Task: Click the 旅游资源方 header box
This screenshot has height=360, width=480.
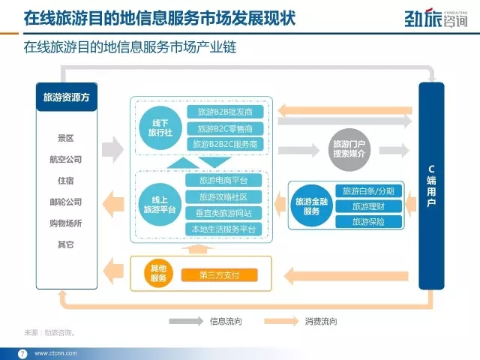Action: (67, 97)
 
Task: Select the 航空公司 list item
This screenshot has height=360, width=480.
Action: (66, 160)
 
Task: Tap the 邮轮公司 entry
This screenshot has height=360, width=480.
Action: (66, 202)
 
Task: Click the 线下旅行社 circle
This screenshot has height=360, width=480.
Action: (160, 128)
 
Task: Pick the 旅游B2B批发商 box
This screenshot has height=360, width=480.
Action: (225, 112)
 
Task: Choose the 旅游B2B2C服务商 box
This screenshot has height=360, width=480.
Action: (225, 144)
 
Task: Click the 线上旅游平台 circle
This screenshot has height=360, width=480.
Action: (160, 205)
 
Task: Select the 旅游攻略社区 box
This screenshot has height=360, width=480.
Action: (223, 196)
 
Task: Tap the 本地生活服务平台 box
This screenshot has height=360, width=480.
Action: (223, 229)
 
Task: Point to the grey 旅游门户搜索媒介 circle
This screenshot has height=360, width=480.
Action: (349, 149)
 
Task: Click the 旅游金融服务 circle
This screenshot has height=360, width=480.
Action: (312, 206)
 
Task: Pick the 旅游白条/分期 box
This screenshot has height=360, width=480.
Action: (368, 191)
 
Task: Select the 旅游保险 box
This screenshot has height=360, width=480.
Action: (368, 222)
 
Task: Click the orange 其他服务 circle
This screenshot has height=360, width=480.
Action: (158, 273)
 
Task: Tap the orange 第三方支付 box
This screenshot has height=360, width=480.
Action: (220, 275)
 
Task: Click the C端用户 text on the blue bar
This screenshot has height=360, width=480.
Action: (431, 186)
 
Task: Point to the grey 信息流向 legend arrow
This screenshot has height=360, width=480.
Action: (186, 321)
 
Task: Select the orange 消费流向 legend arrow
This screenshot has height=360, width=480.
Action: (281, 321)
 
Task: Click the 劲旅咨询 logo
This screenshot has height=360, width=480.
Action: (436, 18)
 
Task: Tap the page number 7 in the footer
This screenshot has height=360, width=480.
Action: (22, 353)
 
